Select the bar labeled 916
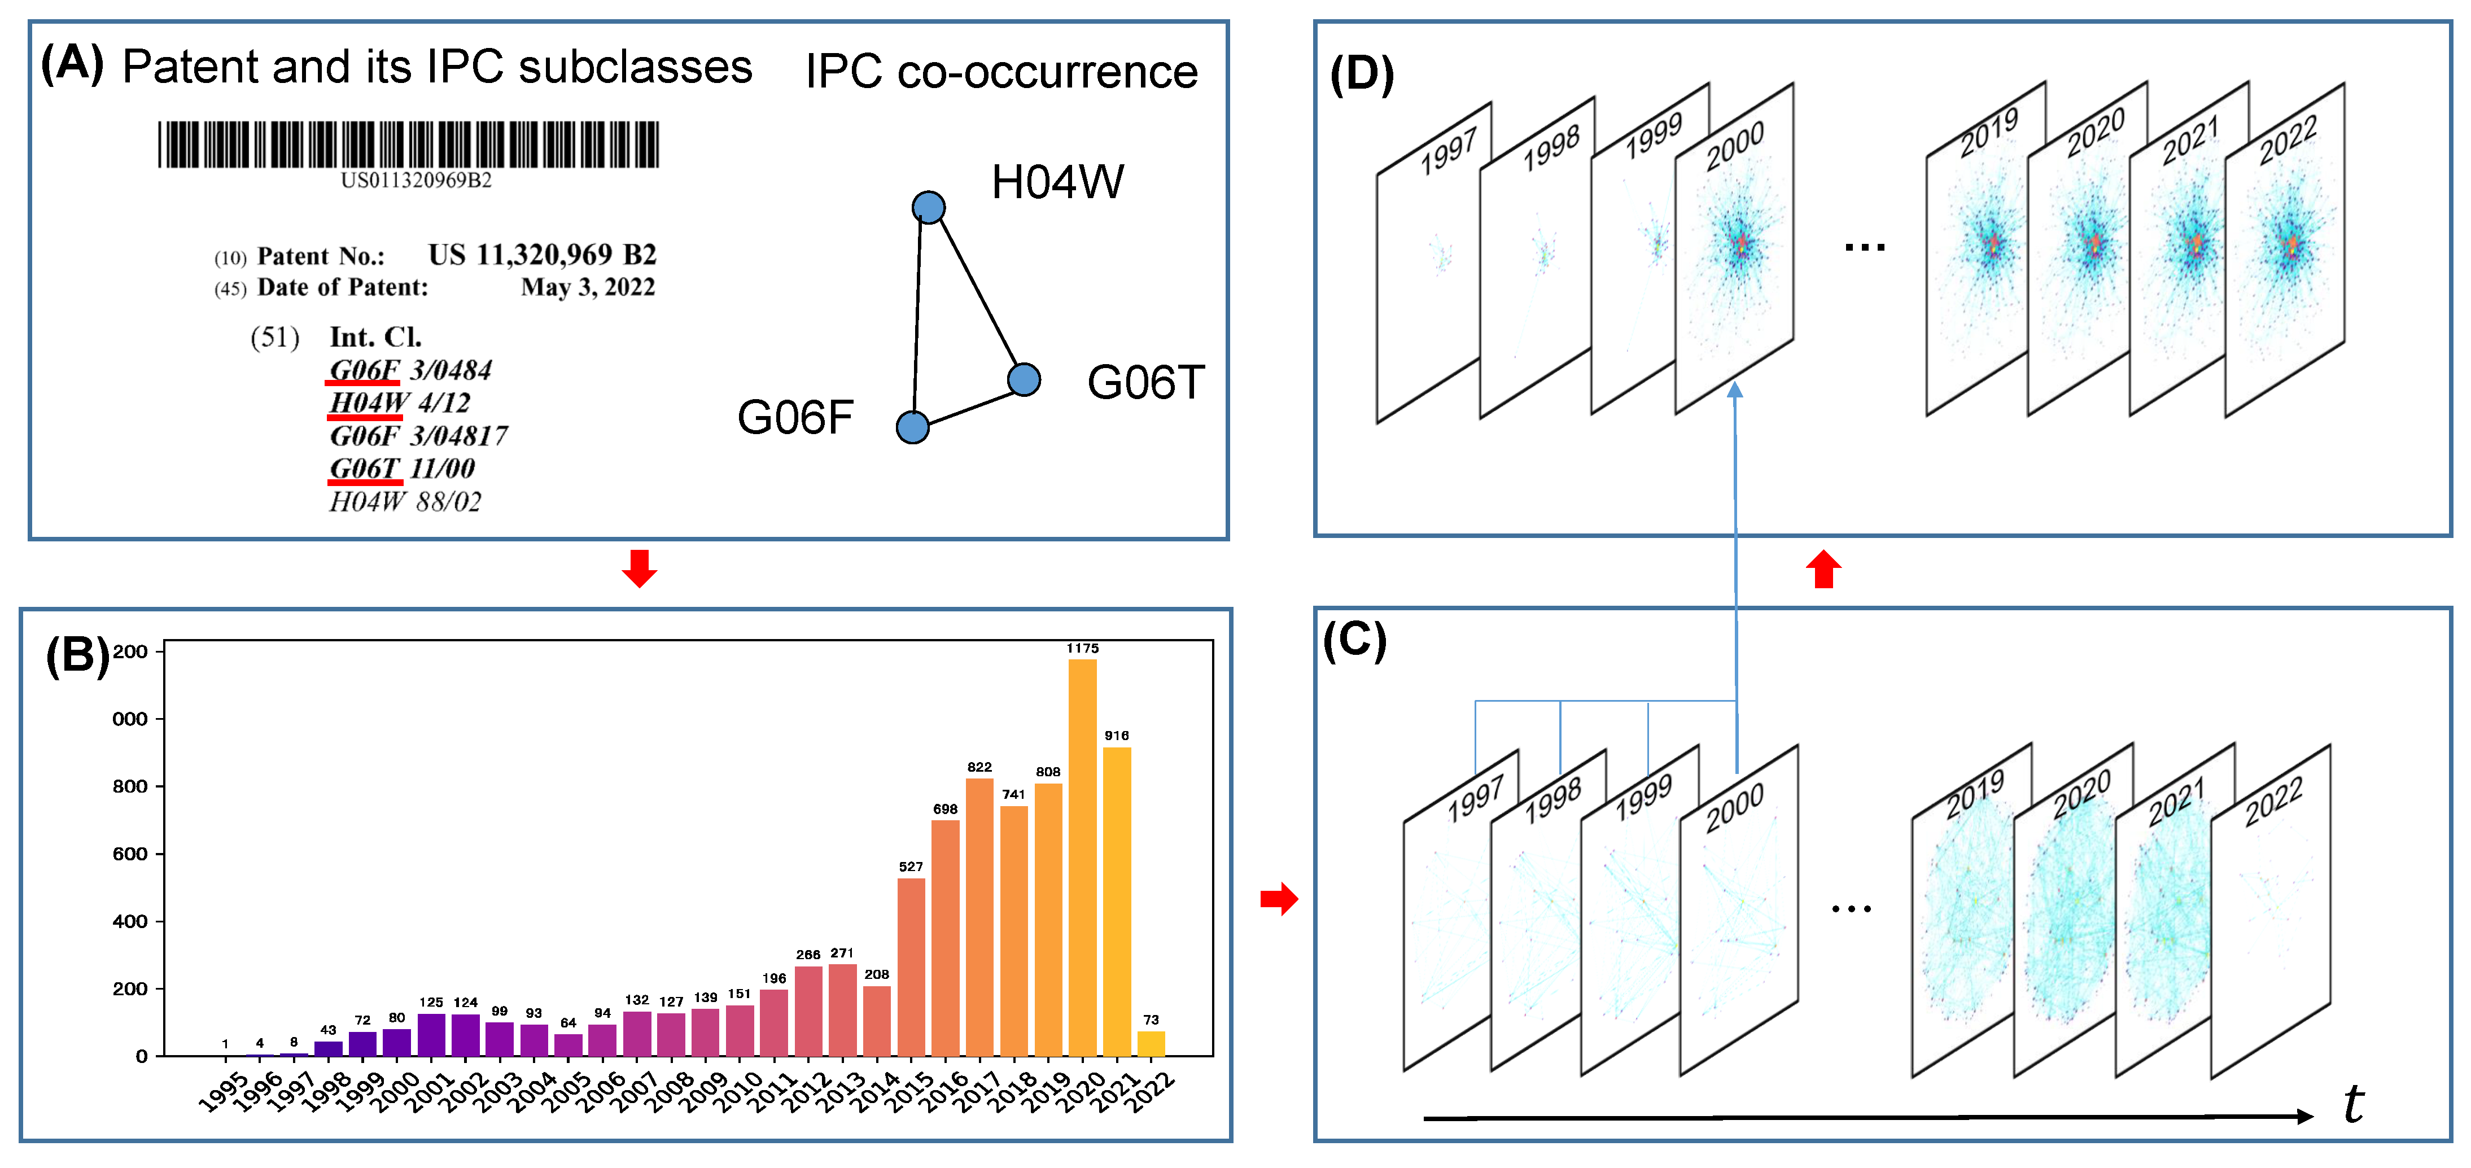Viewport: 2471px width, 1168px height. (x=1117, y=902)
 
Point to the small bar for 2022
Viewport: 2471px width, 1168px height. (x=1151, y=1043)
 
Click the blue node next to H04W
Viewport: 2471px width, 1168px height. (x=928, y=207)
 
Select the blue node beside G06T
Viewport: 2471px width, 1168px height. (x=1025, y=380)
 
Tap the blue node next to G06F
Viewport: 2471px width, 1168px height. (x=912, y=427)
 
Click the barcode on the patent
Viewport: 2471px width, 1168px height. (x=409, y=145)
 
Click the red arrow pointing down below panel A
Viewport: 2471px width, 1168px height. (x=639, y=568)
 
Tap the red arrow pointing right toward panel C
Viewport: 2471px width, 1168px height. (x=1279, y=899)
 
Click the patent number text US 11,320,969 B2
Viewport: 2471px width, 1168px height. (x=542, y=255)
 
